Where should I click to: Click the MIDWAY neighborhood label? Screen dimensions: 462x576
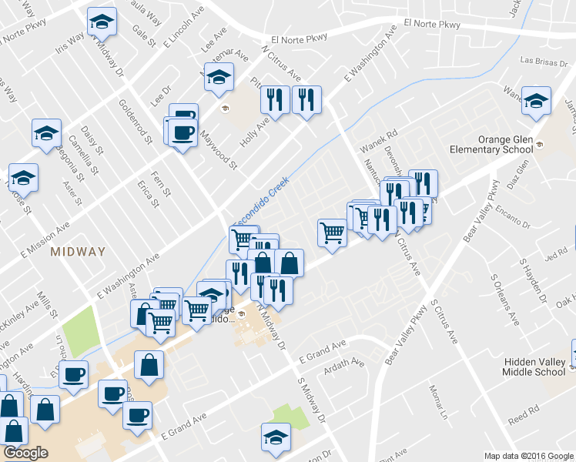point(77,252)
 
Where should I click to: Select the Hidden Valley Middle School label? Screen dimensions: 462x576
point(534,367)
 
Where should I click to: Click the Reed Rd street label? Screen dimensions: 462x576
point(523,416)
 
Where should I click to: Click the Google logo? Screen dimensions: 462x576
point(25,453)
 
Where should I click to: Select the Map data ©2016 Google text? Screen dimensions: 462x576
point(528,456)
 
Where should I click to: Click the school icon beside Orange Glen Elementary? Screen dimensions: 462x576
point(536,100)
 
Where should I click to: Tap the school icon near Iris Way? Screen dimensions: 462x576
point(101,22)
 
